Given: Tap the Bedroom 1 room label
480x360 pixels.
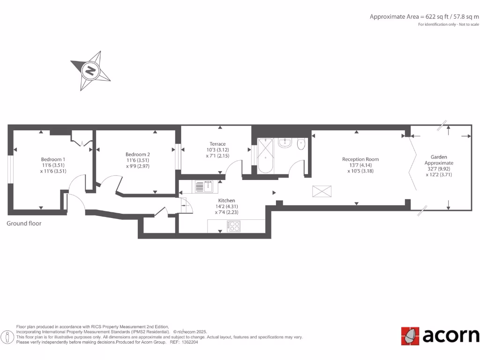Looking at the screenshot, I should (x=53, y=159).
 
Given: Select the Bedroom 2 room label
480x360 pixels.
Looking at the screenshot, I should (x=137, y=154).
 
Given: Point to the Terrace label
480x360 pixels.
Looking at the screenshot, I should (x=217, y=144).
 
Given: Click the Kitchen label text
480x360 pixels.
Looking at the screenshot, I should (x=226, y=200).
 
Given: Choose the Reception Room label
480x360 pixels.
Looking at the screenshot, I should (x=360, y=159).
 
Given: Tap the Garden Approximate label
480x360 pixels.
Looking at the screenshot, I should (x=439, y=160).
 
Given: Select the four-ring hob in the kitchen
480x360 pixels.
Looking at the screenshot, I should (x=234, y=226).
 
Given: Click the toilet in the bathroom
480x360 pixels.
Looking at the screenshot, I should (x=301, y=144).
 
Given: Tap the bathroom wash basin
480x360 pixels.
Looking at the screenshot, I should (x=285, y=142).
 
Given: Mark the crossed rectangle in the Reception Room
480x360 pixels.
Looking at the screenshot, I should (x=322, y=191).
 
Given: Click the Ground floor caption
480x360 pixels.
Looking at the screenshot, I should (x=24, y=224).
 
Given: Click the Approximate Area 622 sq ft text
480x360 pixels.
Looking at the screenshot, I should (x=424, y=16).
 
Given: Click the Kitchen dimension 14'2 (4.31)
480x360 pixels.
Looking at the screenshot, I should (x=226, y=206).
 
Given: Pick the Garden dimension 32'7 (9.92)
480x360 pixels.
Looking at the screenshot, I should (x=439, y=169).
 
